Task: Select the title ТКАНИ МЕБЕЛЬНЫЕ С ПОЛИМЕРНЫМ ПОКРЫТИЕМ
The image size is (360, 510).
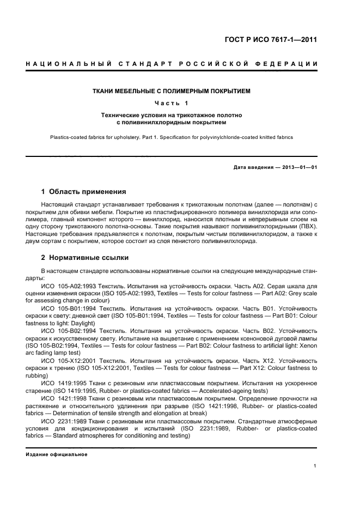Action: tap(172, 91)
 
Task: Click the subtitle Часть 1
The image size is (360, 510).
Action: tap(171, 103)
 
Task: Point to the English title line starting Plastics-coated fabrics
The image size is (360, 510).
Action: tap(172, 137)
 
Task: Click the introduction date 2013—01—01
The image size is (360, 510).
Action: tap(299, 167)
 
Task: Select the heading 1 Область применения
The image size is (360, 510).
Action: tap(84, 192)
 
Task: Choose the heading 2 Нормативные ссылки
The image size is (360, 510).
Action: tap(85, 258)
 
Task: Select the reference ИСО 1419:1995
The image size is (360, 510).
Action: tap(64, 383)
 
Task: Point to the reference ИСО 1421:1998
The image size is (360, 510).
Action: tap(64, 398)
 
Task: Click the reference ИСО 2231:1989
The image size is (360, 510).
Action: tap(64, 421)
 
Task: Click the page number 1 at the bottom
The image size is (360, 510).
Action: tap(315, 466)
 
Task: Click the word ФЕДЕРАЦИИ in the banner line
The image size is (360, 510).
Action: tap(290, 64)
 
